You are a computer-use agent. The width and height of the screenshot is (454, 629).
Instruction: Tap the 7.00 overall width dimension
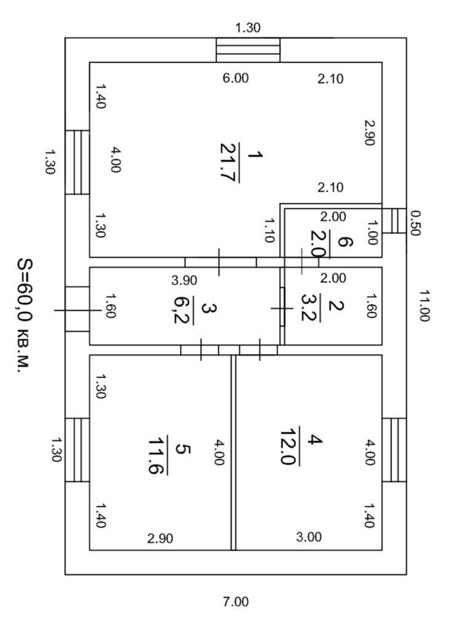click(235, 602)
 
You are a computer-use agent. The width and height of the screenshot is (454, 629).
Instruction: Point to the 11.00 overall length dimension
click(424, 305)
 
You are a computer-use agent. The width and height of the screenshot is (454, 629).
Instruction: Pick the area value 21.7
click(229, 163)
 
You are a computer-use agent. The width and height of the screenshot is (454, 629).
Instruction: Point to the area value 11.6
click(159, 456)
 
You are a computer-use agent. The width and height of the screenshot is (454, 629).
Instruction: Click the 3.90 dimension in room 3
click(184, 280)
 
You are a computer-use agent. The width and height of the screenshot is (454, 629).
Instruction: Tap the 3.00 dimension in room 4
click(308, 537)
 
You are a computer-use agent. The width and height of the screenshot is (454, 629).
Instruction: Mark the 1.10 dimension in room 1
click(267, 230)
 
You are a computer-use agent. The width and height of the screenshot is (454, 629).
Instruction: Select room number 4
click(315, 440)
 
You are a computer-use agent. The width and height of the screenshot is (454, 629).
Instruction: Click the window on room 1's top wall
click(248, 50)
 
